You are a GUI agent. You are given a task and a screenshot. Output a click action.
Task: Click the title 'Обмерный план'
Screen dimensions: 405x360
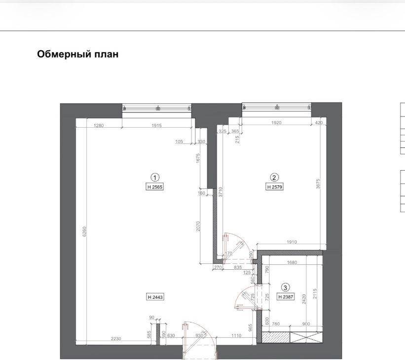click(78, 54)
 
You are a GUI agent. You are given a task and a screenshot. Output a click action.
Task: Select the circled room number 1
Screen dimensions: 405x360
click(155, 178)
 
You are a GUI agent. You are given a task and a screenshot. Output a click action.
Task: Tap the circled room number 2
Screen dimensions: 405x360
click(274, 177)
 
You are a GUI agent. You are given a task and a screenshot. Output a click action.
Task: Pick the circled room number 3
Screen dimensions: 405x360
click(285, 288)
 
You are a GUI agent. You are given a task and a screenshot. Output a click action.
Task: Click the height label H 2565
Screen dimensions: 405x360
click(155, 187)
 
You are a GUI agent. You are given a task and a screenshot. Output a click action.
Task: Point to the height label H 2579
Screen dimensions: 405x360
click(274, 187)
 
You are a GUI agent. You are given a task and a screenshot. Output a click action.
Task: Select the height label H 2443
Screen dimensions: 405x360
click(155, 297)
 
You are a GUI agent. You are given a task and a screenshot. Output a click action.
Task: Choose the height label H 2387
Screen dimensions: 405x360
click(286, 297)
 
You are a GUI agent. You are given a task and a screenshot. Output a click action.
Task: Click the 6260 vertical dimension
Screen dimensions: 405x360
click(84, 232)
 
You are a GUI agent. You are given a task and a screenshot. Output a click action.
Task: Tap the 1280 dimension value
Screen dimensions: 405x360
click(98, 126)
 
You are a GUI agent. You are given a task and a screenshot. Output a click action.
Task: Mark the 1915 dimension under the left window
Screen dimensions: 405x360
click(156, 126)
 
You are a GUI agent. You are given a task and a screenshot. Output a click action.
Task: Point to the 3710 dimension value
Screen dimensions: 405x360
click(221, 192)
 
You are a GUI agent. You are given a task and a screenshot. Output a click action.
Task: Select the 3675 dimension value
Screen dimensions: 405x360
click(318, 184)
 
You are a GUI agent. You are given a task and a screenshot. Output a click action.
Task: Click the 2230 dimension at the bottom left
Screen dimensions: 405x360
click(116, 339)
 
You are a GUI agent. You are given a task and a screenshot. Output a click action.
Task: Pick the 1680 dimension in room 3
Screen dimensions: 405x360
click(292, 262)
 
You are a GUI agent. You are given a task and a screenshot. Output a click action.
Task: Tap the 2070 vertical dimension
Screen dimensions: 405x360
click(198, 226)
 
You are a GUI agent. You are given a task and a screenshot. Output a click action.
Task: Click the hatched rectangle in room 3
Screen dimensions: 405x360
click(276, 337)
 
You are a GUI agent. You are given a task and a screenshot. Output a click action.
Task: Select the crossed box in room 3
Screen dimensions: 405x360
click(306, 337)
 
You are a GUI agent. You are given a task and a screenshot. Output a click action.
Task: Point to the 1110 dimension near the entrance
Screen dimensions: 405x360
click(236, 335)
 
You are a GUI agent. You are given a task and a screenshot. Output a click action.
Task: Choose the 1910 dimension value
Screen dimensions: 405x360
click(292, 242)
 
